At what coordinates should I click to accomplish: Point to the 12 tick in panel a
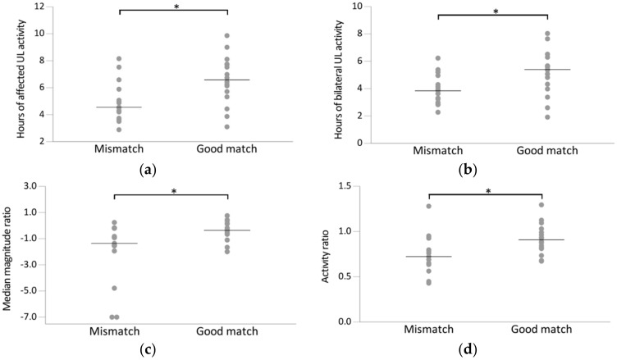click(x=38, y=7)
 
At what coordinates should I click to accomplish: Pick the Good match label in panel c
click(x=226, y=331)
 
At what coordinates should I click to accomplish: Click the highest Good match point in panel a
click(x=226, y=35)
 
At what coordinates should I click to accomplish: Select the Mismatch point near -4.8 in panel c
click(x=115, y=288)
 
